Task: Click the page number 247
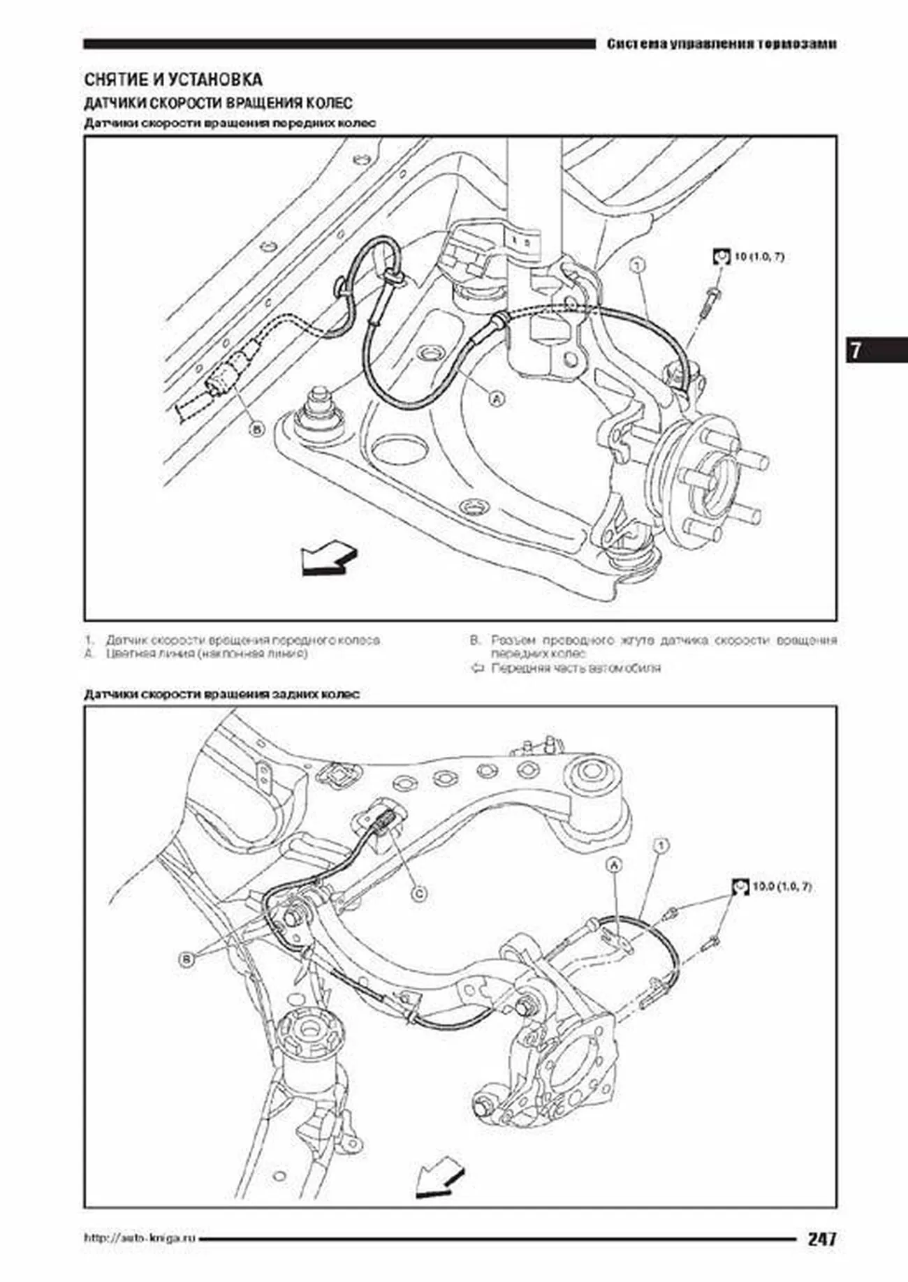822,1239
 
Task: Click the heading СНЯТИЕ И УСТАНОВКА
173,80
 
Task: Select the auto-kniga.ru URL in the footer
140,1239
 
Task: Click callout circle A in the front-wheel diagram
497,399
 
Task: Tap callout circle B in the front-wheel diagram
257,429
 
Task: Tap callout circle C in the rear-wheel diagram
418,893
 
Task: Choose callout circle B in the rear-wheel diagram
186,959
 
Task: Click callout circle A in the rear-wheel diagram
615,866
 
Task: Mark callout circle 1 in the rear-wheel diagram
659,846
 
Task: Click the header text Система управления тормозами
722,44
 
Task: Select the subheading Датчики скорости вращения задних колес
222,694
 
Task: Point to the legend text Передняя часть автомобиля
576,668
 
